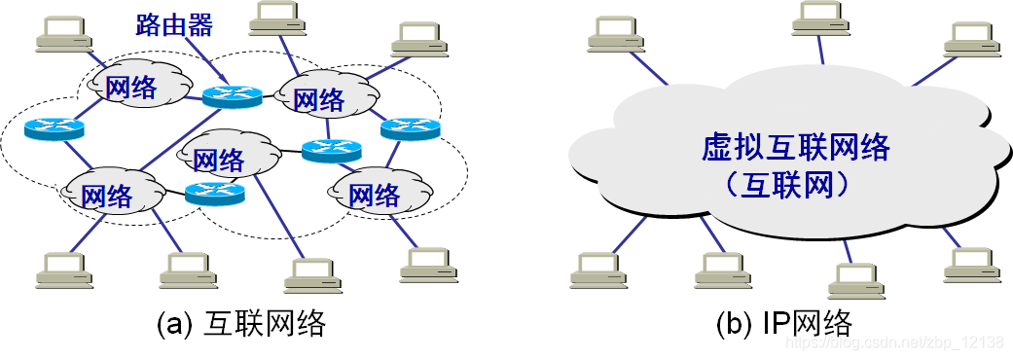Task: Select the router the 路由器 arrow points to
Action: (233, 94)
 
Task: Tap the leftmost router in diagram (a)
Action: (54, 127)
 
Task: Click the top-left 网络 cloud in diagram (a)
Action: (129, 88)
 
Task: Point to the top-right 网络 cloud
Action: (318, 98)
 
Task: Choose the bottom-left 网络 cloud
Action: (107, 195)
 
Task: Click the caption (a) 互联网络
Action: (240, 323)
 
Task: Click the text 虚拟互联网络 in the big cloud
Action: (795, 149)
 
